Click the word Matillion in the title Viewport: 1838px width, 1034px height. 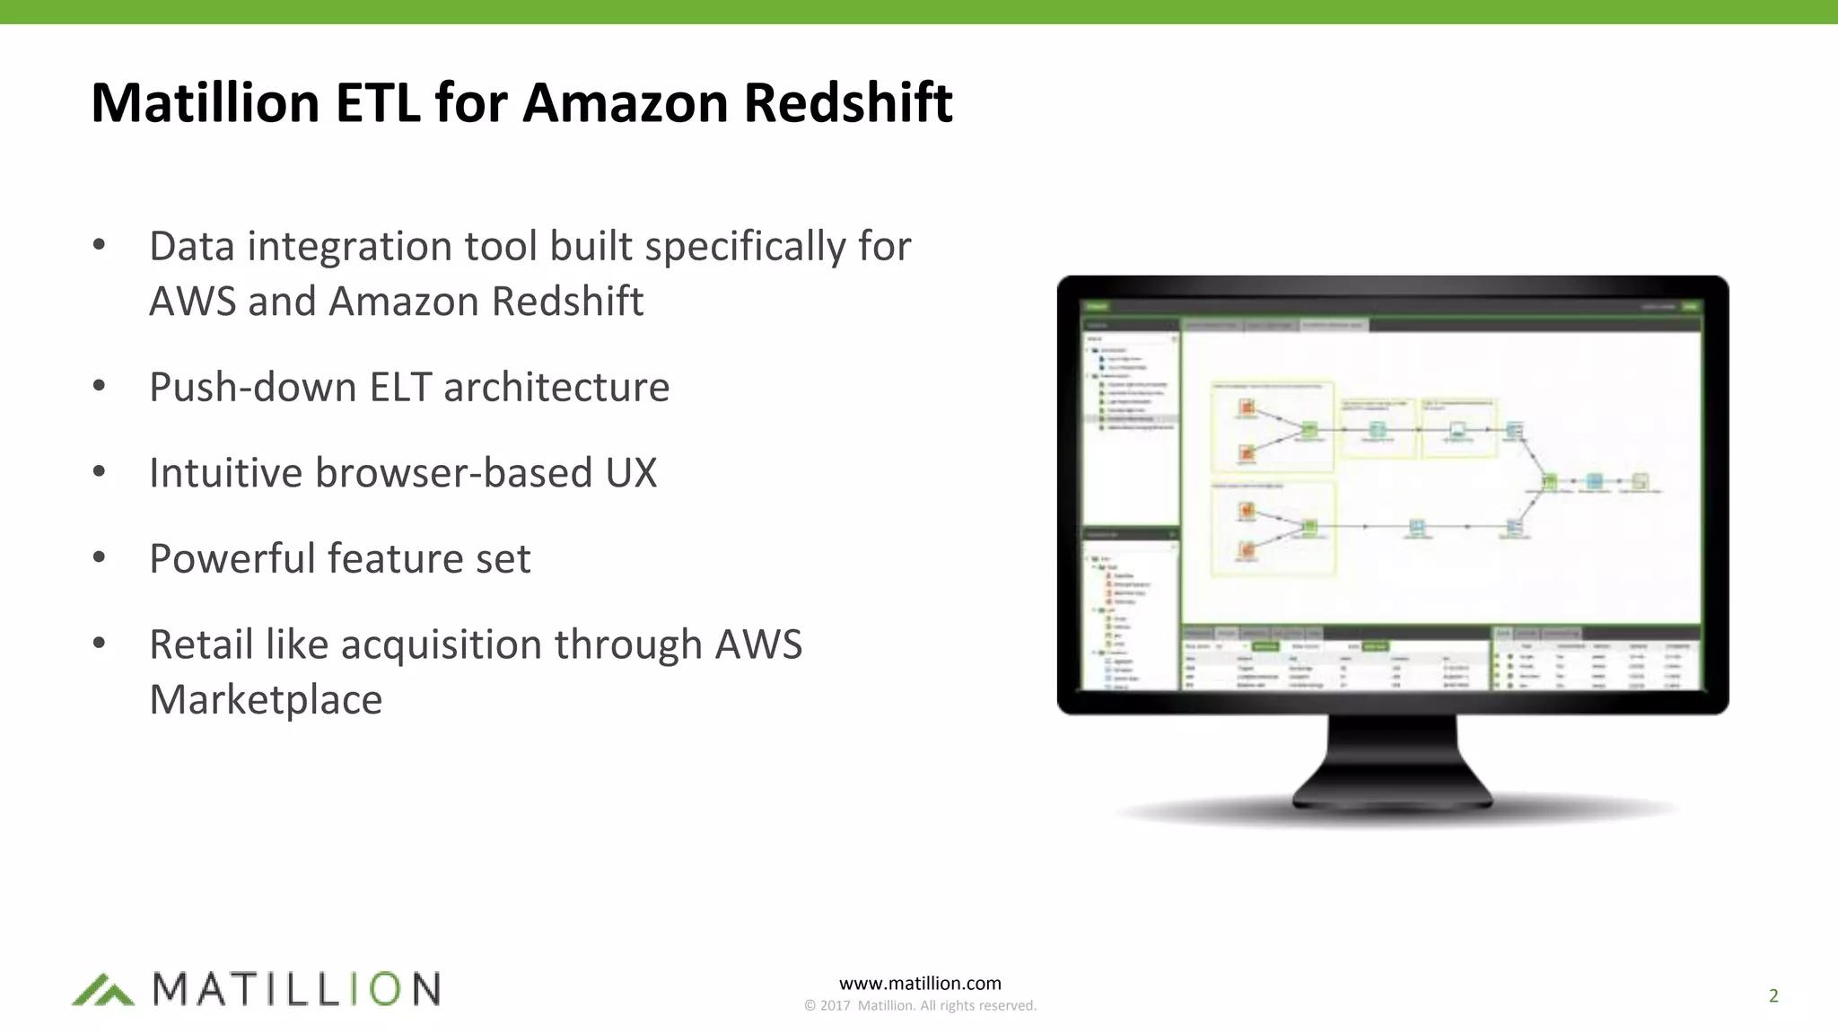click(206, 102)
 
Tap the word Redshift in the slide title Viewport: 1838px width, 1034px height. click(848, 102)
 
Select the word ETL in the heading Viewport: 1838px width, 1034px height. click(378, 102)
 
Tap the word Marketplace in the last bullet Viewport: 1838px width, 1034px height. click(266, 699)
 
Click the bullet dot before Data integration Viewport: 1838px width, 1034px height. click(100, 244)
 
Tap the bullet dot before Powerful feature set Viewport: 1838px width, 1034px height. click(100, 556)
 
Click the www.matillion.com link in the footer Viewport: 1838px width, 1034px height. click(920, 984)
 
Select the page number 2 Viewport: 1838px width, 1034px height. click(1773, 995)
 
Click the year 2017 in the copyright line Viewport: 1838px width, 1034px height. click(835, 1006)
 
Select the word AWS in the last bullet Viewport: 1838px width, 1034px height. click(758, 644)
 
